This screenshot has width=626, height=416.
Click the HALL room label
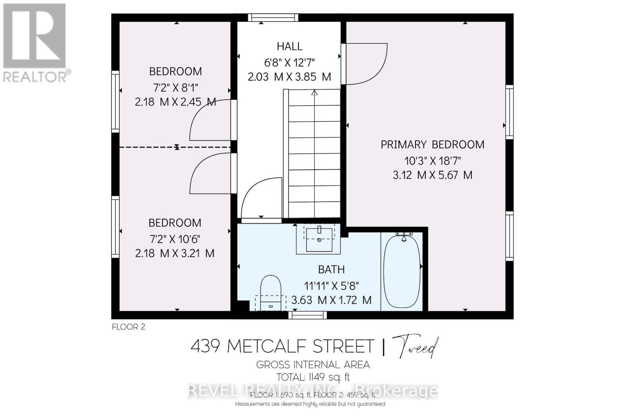click(290, 47)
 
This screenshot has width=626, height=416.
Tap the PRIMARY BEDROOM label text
click(432, 145)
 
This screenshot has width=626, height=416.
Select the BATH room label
click(331, 269)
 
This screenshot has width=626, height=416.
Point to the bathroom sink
click(319, 239)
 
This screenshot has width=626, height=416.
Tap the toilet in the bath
click(271, 291)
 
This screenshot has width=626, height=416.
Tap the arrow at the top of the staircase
click(314, 93)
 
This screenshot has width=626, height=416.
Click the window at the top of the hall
click(273, 18)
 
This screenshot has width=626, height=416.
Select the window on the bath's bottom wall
click(308, 315)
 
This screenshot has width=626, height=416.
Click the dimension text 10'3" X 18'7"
click(432, 161)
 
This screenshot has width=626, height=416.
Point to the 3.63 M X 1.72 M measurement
click(331, 300)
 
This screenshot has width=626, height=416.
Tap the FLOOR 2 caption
click(128, 327)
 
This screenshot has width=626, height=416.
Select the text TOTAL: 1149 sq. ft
click(313, 377)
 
